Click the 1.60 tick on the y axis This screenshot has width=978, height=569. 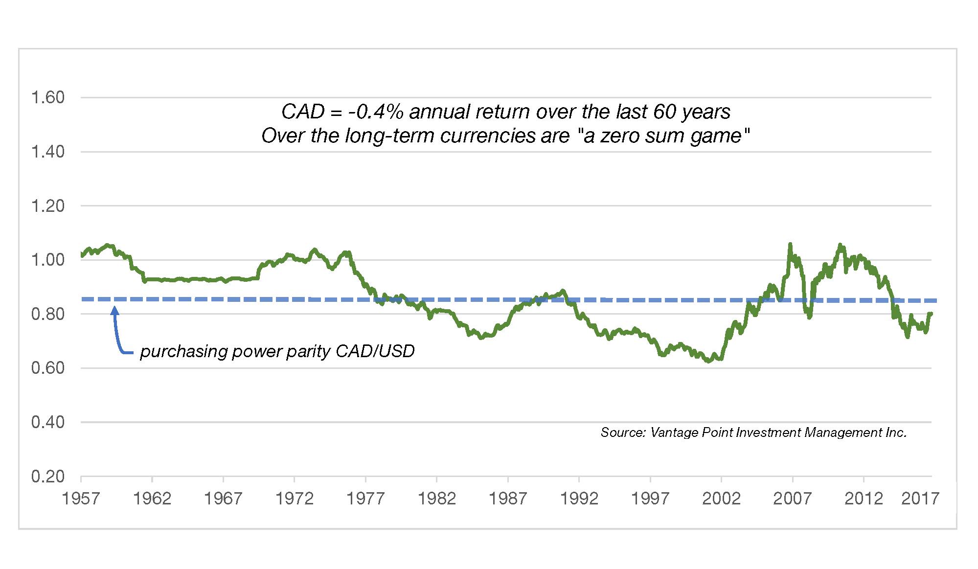click(x=47, y=98)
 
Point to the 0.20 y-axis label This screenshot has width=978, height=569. click(x=47, y=477)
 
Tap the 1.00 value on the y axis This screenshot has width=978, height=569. click(x=47, y=260)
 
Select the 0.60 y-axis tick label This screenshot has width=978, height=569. click(x=47, y=368)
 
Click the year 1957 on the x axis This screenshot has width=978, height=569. click(x=81, y=499)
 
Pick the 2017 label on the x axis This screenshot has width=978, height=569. click(x=920, y=499)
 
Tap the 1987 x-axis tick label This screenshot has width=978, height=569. click(x=508, y=499)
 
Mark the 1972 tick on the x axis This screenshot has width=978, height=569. click(x=294, y=499)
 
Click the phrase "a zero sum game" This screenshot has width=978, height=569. click(x=663, y=136)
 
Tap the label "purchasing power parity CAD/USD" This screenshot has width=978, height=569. click(x=277, y=351)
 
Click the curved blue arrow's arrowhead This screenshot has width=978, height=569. click(x=115, y=310)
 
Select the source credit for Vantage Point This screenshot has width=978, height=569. click(x=753, y=432)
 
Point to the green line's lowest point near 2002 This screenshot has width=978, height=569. click(x=707, y=362)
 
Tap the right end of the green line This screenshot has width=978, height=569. click(x=931, y=313)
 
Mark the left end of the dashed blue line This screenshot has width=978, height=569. click(x=82, y=299)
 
